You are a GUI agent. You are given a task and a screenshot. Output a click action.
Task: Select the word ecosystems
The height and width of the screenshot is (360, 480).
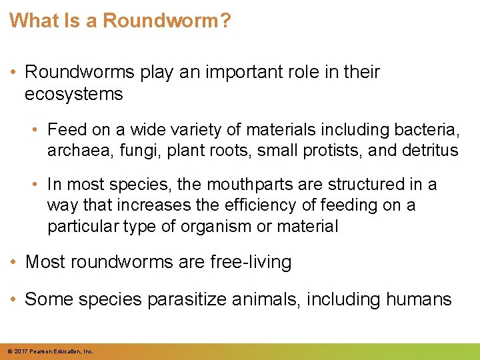[74, 95]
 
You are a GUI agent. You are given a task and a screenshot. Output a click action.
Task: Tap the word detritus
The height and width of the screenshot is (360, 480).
[431, 150]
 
